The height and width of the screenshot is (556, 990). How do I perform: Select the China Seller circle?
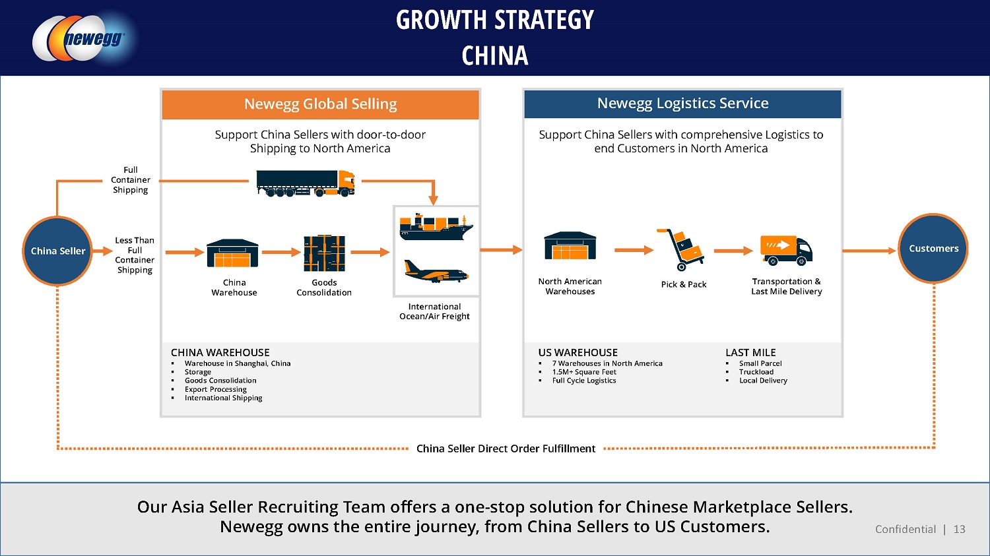tap(58, 251)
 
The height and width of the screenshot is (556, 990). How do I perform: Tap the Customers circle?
tap(933, 249)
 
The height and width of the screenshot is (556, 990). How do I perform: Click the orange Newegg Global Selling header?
tap(320, 104)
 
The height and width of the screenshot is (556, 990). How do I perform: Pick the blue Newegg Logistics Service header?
tap(682, 104)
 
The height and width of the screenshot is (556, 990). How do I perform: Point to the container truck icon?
tap(306, 183)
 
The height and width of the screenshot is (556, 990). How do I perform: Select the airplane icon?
tap(436, 270)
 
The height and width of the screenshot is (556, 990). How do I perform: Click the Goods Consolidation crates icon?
tap(324, 254)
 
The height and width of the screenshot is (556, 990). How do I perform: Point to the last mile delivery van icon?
tap(786, 250)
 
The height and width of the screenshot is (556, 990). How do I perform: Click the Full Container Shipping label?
tap(131, 180)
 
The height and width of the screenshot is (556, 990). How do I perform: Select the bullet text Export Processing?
tap(216, 389)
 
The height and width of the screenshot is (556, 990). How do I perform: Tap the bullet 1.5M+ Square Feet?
tap(584, 372)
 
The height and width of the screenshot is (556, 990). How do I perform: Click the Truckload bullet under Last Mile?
tap(756, 372)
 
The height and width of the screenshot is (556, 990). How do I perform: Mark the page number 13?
tap(960, 529)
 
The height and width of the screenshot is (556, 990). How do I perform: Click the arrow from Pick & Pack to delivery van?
tap(733, 251)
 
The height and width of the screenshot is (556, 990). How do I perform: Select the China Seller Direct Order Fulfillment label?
tap(506, 448)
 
